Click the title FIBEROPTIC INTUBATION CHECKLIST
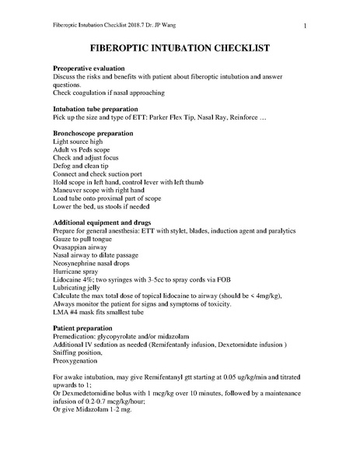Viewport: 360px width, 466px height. (180, 47)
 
